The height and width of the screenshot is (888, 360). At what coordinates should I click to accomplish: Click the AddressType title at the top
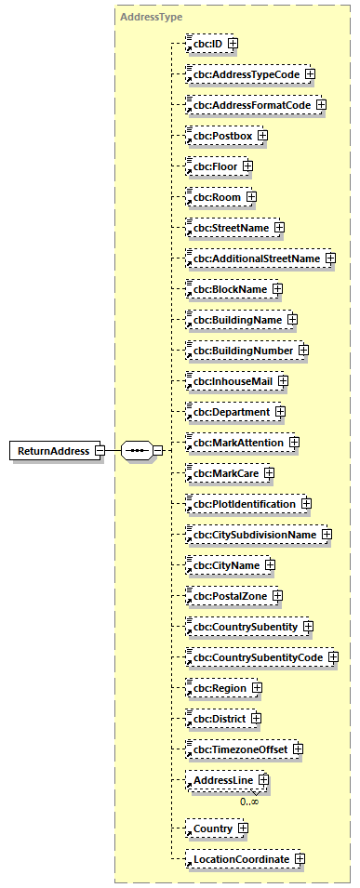(151, 17)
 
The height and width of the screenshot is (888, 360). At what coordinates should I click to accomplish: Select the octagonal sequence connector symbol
(136, 451)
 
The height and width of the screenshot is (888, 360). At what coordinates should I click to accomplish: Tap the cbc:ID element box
(207, 43)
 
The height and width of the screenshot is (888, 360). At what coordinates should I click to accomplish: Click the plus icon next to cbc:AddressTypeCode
(311, 73)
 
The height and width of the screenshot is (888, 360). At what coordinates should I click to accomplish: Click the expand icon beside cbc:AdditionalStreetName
(330, 258)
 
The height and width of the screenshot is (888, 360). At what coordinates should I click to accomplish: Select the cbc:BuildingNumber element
(241, 350)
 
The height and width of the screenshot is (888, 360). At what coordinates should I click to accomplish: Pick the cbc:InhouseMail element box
(232, 380)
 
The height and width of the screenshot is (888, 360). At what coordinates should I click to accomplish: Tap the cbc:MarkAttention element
(236, 442)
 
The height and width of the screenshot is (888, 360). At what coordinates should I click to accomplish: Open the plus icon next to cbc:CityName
(270, 564)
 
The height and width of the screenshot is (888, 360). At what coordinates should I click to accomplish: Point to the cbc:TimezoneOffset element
(239, 749)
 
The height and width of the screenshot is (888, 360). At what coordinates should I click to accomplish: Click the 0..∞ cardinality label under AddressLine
(249, 801)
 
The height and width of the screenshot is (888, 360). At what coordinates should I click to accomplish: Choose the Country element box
(210, 828)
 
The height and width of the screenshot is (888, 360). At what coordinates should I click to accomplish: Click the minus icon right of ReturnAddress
(99, 451)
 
